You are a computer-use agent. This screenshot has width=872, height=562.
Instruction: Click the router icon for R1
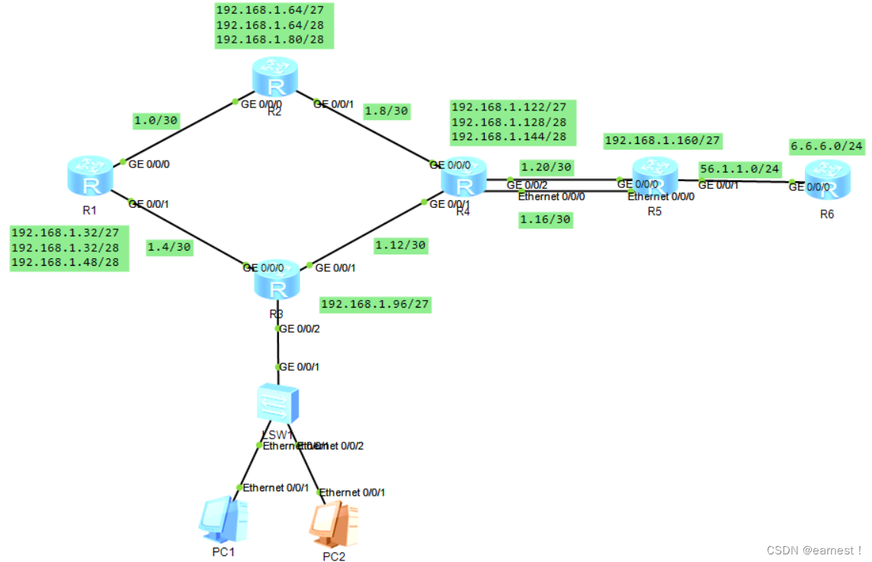[x=91, y=174]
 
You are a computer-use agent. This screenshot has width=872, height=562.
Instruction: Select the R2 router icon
[x=274, y=76]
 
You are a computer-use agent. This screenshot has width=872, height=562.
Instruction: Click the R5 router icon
[x=655, y=176]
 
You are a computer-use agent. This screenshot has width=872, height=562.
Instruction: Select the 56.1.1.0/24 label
[x=739, y=168]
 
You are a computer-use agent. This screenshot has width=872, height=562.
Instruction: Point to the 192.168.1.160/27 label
[x=662, y=141]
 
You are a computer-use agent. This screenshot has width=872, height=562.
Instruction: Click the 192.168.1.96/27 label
[x=375, y=305]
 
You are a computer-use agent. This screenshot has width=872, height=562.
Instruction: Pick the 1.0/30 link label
[x=157, y=120]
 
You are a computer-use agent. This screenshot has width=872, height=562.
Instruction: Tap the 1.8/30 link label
[x=387, y=110]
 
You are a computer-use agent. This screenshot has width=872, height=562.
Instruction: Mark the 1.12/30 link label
[x=400, y=245]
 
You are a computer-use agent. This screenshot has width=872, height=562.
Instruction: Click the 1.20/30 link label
[x=546, y=167]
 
